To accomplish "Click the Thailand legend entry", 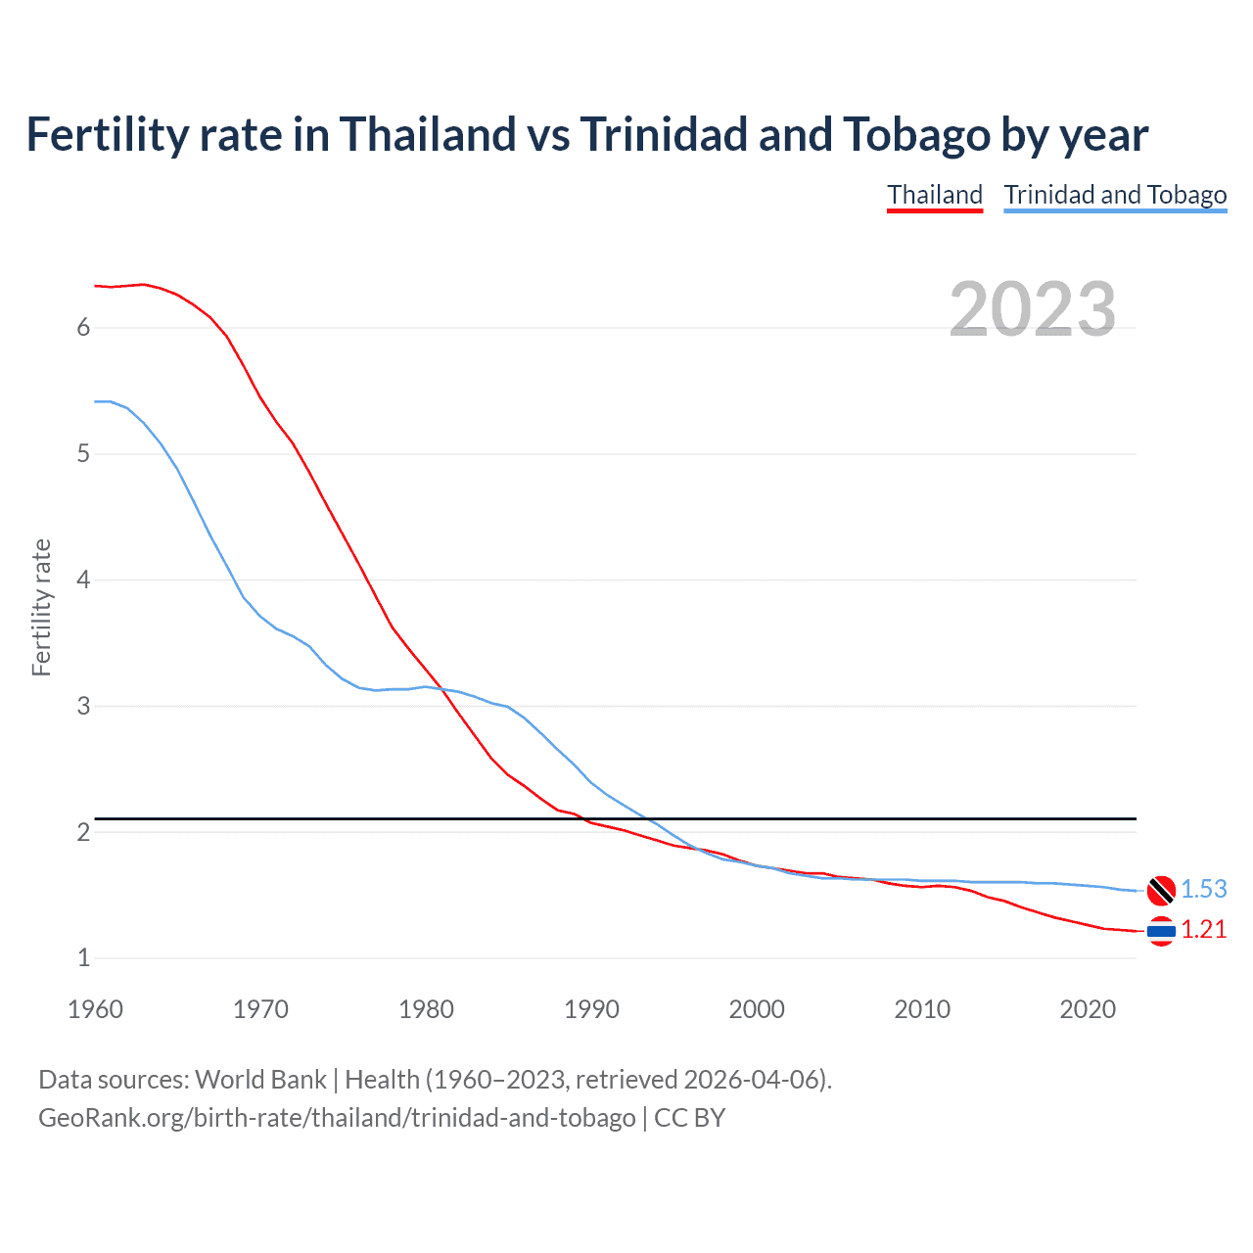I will tap(935, 195).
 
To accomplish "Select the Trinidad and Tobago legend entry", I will tap(1115, 195).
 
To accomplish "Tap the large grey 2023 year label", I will tap(1033, 309).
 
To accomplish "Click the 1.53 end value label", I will tap(1203, 889).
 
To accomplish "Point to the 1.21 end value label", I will tap(1203, 929).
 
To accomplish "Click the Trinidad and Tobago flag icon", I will tap(1161, 890).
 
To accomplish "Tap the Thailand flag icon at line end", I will tap(1161, 931).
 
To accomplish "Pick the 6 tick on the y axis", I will tap(83, 327).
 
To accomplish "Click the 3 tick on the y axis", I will tap(83, 706).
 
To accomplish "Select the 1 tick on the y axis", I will tap(83, 958).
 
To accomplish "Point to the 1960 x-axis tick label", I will tap(95, 1009).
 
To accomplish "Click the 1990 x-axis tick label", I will tap(591, 1009).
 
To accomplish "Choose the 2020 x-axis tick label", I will tap(1088, 1009).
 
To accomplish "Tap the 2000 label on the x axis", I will tap(757, 1009).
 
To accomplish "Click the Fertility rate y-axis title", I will tap(41, 607).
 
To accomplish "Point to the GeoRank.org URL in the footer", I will tap(337, 1117).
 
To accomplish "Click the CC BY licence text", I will tap(689, 1117).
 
